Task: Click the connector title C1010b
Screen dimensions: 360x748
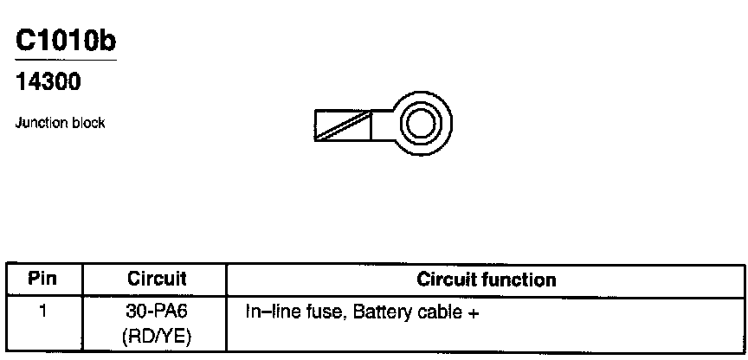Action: [x=66, y=42]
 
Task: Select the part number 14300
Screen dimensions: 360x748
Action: [x=48, y=84]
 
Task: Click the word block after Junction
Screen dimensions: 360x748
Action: [x=89, y=123]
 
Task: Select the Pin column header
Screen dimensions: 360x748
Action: [x=42, y=280]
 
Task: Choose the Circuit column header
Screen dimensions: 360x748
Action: [x=157, y=280]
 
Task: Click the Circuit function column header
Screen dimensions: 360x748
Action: [x=487, y=280]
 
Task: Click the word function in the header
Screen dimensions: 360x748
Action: [x=523, y=280]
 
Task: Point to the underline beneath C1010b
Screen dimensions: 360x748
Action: [x=66, y=61]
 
